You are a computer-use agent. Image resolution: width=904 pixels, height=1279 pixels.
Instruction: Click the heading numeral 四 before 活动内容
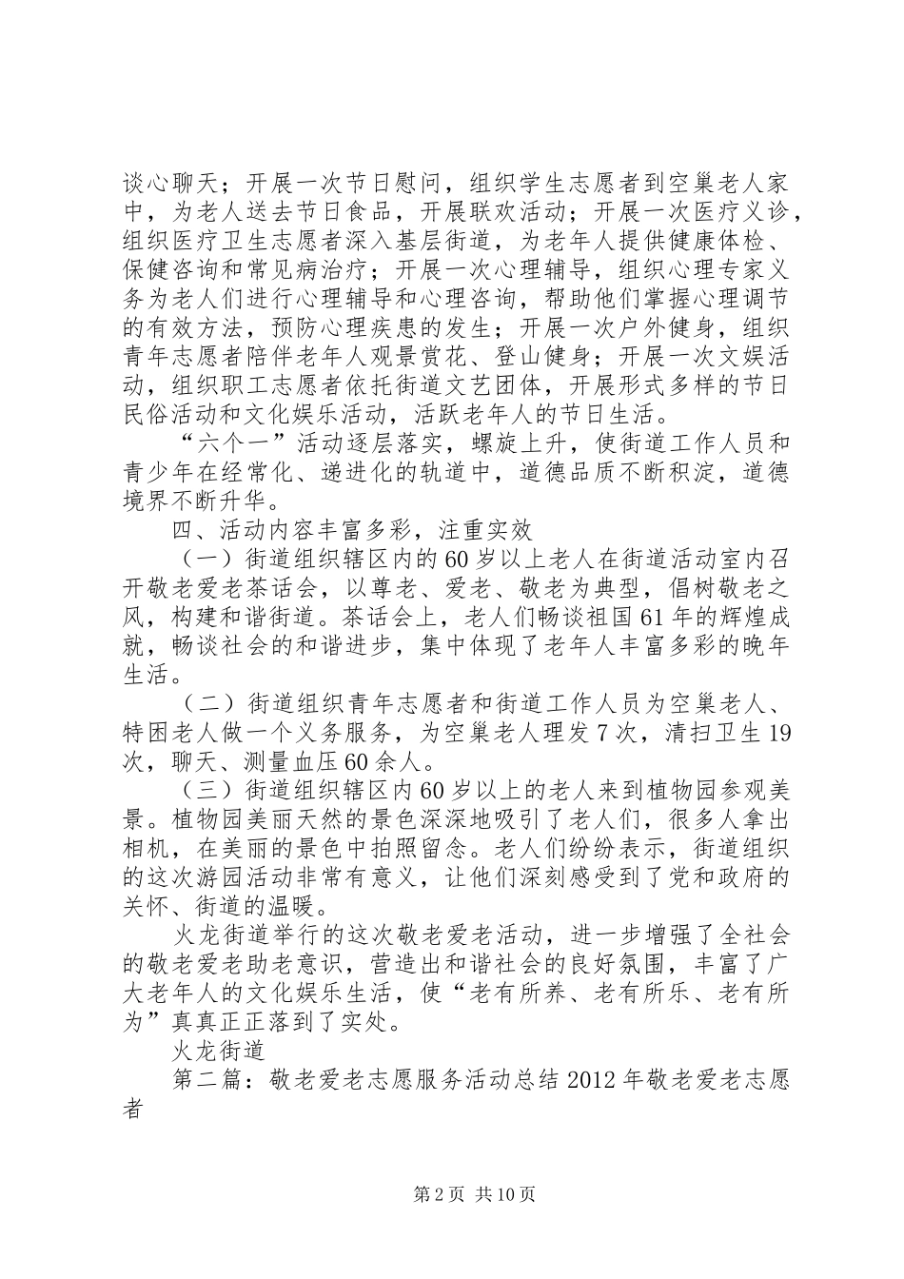coord(176,523)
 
